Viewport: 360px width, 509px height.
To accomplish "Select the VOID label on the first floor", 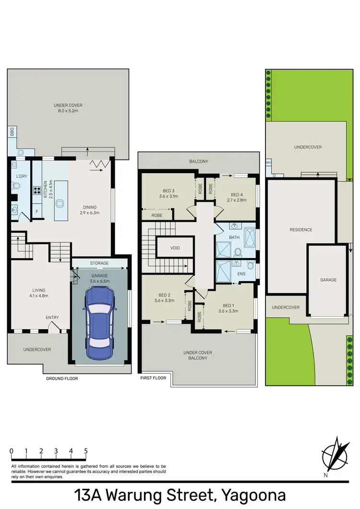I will [x=175, y=248].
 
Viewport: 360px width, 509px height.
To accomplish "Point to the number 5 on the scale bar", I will [x=85, y=451].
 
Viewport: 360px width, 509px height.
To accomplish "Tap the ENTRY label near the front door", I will [x=52, y=318].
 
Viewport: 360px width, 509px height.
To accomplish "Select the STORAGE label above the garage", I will [x=99, y=263].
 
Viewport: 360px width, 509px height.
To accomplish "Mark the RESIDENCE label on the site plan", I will [x=301, y=230].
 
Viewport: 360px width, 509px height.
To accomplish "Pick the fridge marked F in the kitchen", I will [x=37, y=211].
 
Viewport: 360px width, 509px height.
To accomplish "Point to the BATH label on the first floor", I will [x=234, y=237].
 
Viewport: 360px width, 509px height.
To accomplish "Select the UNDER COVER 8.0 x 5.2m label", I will [x=68, y=108].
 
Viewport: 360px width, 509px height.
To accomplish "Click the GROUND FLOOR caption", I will [x=62, y=379].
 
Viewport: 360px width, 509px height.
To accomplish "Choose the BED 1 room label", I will [x=228, y=308].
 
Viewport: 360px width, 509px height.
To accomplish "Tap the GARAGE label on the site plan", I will [x=328, y=280].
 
